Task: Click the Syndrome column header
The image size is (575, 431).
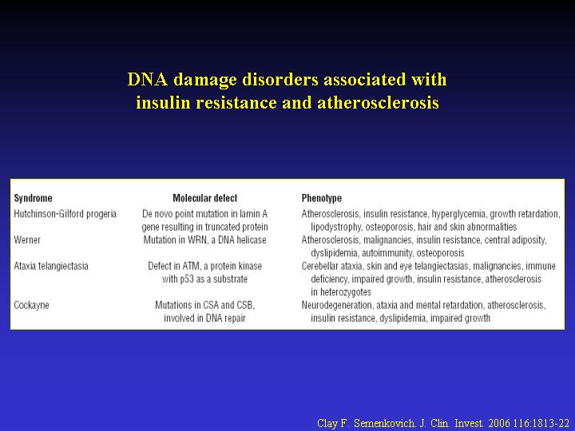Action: tap(33, 198)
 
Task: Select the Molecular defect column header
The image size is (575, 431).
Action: tap(205, 198)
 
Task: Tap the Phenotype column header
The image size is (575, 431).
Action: tap(322, 198)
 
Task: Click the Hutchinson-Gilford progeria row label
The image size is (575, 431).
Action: tap(65, 214)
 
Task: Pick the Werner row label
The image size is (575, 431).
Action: tap(27, 240)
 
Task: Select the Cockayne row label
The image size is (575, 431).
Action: tap(31, 305)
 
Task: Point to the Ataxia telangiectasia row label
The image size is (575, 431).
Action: tap(51, 266)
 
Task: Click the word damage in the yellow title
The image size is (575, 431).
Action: tap(204, 81)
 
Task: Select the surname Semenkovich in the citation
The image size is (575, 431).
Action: tap(384, 423)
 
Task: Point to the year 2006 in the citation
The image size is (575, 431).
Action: tap(499, 423)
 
